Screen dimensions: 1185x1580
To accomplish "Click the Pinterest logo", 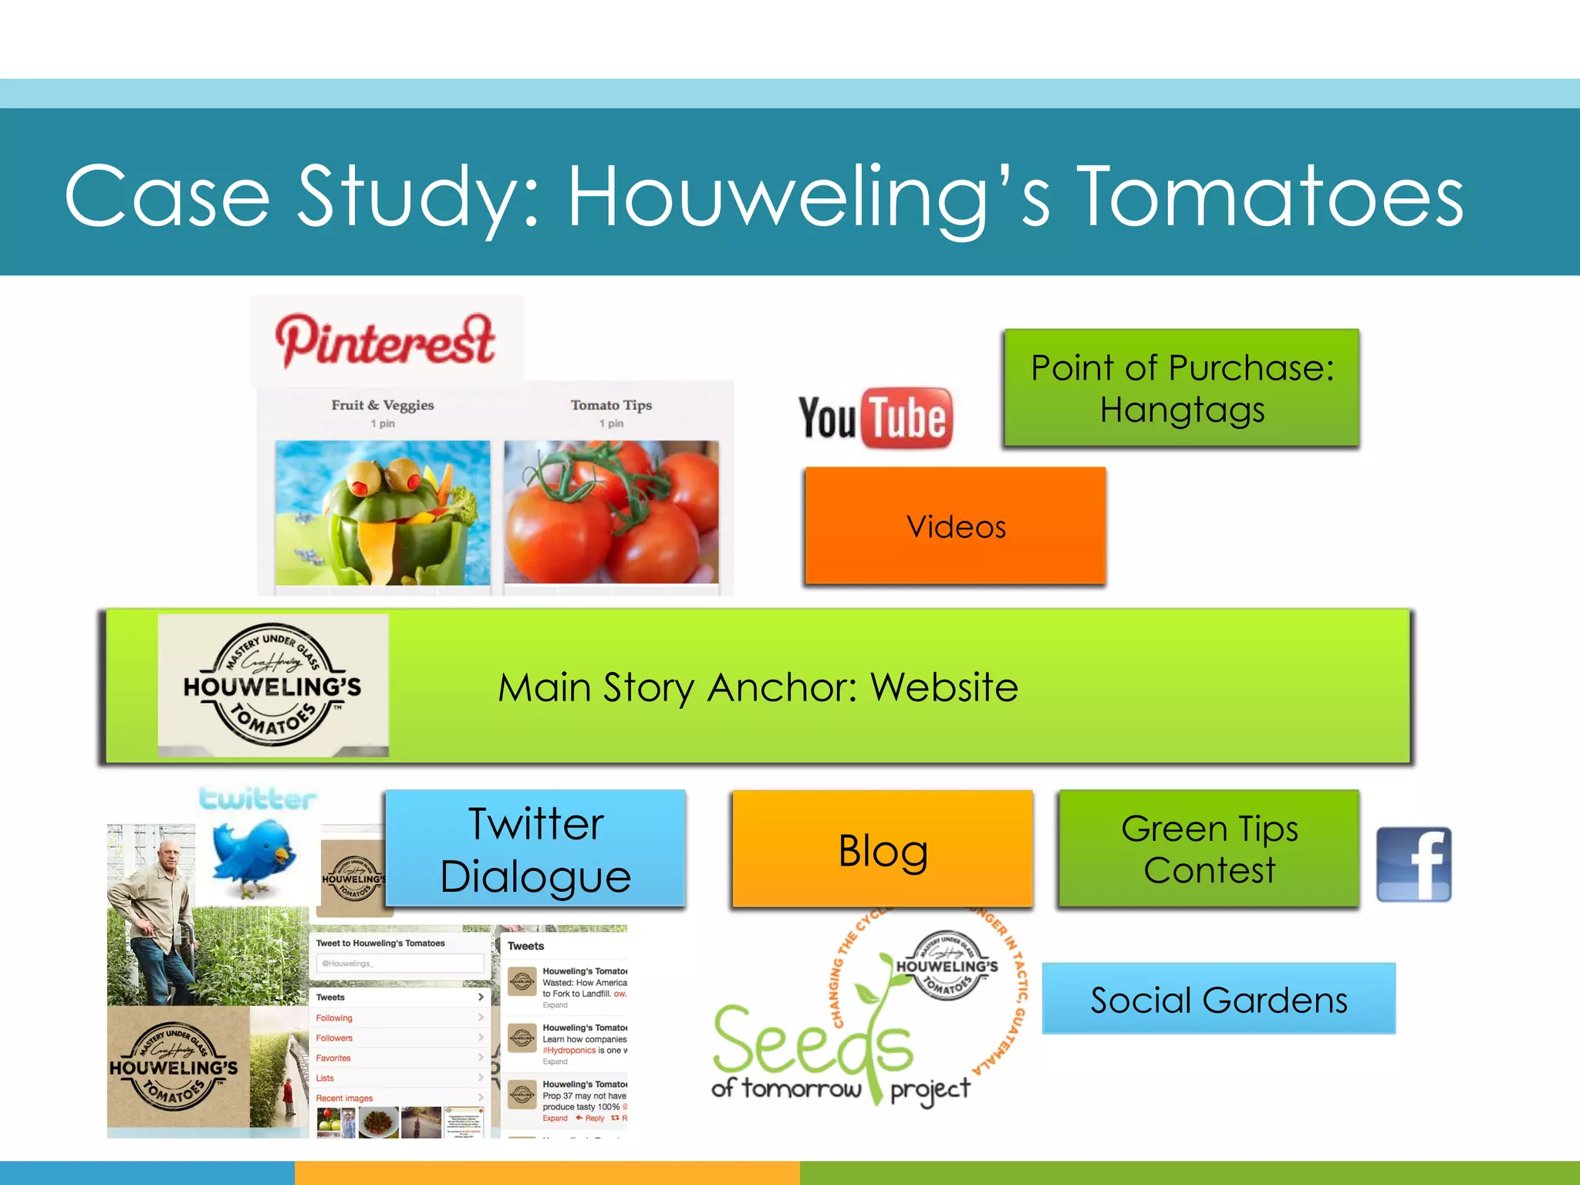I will pos(385,340).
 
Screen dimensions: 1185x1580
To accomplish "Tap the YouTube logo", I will pos(876,418).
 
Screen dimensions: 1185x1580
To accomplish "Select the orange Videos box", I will pos(955,526).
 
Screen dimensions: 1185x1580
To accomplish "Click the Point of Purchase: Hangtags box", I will pos(1182,388).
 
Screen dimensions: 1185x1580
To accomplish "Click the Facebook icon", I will pos(1413,864).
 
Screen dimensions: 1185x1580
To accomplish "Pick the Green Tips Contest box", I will pos(1209,849).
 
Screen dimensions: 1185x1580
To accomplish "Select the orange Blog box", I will pos(883,849).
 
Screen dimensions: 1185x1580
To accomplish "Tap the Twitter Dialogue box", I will pos(535,849).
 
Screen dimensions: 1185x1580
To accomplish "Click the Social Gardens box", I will pos(1218,999).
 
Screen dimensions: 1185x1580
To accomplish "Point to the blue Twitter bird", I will pos(252,856).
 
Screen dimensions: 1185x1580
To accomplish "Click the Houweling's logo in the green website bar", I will pos(273,685).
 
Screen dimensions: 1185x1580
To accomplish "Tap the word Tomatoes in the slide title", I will pos(1270,197).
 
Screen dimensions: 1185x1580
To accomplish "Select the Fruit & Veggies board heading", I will pos(383,405).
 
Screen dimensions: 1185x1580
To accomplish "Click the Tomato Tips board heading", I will pos(611,405).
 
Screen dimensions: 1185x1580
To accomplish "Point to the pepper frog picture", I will pos(383,512).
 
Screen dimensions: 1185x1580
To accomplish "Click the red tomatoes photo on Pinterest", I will pos(611,512).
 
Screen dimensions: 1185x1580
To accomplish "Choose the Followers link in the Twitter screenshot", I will pos(334,1038).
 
